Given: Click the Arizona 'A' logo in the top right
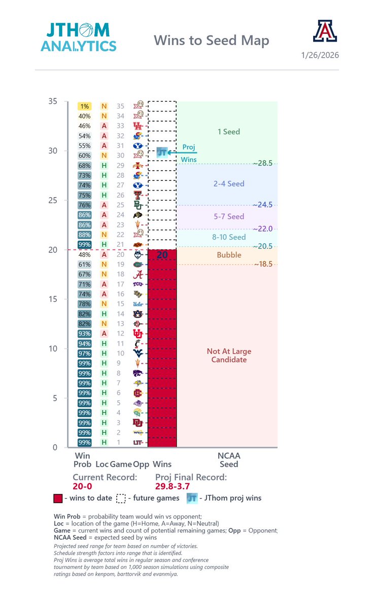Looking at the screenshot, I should tap(325, 31).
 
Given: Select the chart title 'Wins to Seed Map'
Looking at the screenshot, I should tap(211, 40).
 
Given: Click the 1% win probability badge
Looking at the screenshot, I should tap(84, 106).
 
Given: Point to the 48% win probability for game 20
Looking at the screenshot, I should tap(84, 254).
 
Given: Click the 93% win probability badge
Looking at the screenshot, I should tap(84, 333).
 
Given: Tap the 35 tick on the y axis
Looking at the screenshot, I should tap(53, 101).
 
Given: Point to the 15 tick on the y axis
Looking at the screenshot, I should tap(53, 299).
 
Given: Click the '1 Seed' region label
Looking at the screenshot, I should tap(228, 132).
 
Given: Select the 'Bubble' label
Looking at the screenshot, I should tap(229, 255).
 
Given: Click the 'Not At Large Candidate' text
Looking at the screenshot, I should tap(229, 355).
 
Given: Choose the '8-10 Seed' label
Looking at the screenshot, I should tap(228, 237).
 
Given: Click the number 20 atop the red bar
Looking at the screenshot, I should tap(162, 255).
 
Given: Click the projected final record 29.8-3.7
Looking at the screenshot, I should tap(176, 486).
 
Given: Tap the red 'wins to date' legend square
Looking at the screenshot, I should tap(58, 498).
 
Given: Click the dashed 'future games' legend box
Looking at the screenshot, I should tap(121, 498).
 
